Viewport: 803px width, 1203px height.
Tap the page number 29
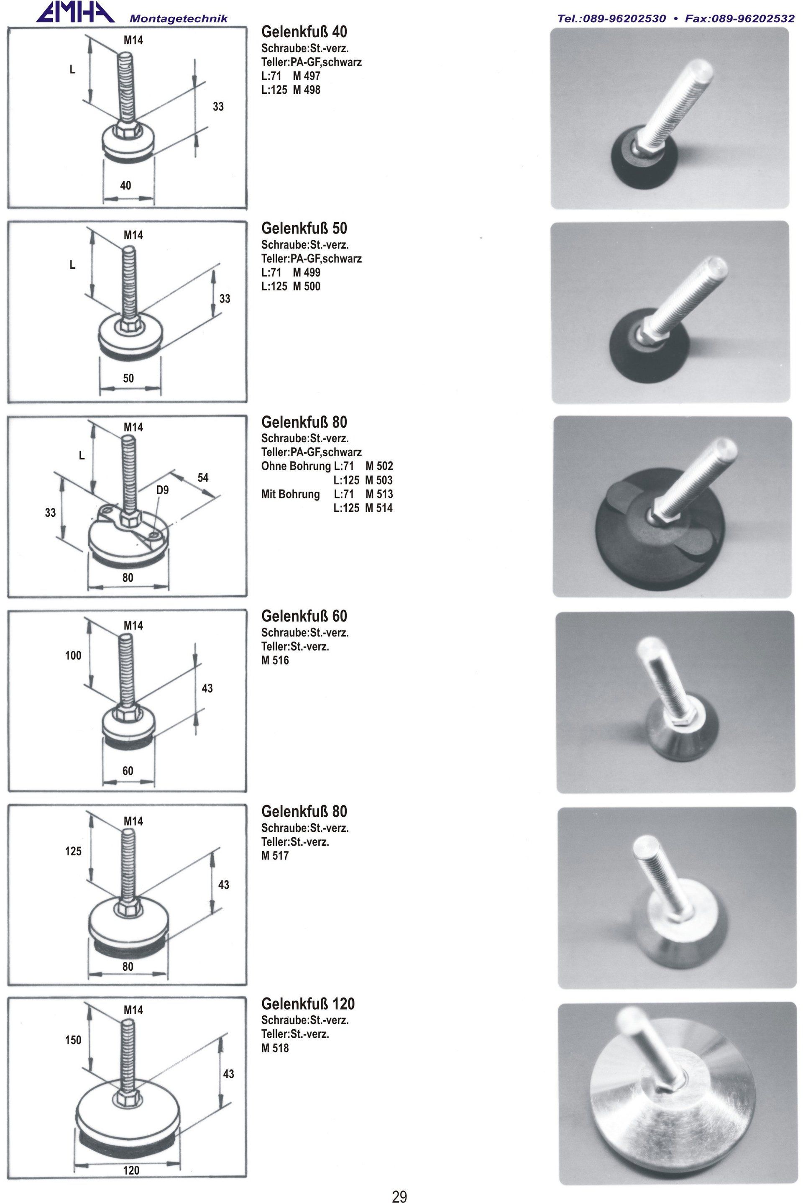coord(399,1193)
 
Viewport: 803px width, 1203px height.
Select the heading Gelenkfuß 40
coord(304,32)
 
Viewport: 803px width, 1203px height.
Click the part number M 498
coord(307,90)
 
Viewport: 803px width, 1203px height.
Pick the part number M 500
coord(307,286)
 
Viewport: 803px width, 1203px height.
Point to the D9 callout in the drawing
coord(162,490)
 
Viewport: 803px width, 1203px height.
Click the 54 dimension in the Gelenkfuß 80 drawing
coord(203,477)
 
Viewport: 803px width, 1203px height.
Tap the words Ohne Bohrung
coord(296,466)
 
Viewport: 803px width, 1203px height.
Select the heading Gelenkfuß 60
coord(304,616)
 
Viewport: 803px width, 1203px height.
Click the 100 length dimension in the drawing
coord(73,655)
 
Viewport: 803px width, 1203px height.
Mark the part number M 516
coord(275,660)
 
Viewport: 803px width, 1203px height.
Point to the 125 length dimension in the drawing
coord(73,851)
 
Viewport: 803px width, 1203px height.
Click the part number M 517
coord(275,855)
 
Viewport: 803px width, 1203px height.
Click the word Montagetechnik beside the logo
coord(179,19)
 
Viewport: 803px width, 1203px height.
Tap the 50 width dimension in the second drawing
coord(128,378)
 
